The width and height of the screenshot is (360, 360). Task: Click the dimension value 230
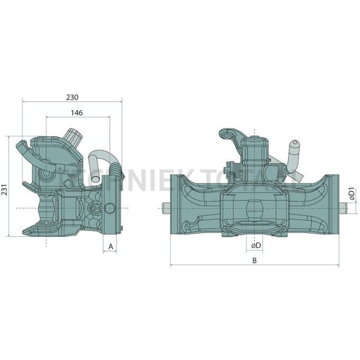coord(72,96)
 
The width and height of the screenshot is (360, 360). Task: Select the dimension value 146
coord(77,112)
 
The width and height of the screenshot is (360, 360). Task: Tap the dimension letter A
coord(111,245)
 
